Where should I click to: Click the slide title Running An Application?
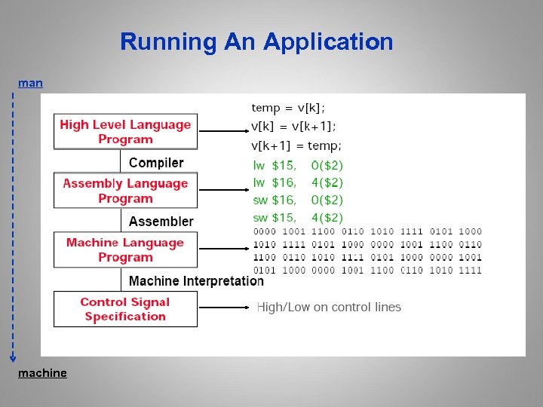tap(256, 41)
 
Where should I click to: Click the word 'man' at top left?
tap(30, 83)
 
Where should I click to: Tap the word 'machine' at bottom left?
tap(42, 373)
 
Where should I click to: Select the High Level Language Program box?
tap(125, 132)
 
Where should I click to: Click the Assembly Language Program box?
tap(125, 191)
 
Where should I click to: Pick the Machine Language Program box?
tap(125, 249)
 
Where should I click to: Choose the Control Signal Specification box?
tap(125, 309)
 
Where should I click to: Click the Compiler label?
tap(156, 163)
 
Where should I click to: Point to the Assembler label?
tap(161, 222)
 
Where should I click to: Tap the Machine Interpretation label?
tap(196, 281)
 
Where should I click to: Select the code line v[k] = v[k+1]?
tap(294, 126)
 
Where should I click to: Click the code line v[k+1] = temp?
tap(296, 145)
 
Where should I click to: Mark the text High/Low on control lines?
tap(329, 307)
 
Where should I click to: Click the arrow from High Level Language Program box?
tap(222, 131)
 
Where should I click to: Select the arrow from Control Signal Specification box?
tap(222, 308)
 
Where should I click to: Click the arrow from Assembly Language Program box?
tap(222, 191)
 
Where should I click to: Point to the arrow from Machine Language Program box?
tap(222, 249)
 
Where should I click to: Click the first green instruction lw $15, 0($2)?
tap(297, 165)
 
